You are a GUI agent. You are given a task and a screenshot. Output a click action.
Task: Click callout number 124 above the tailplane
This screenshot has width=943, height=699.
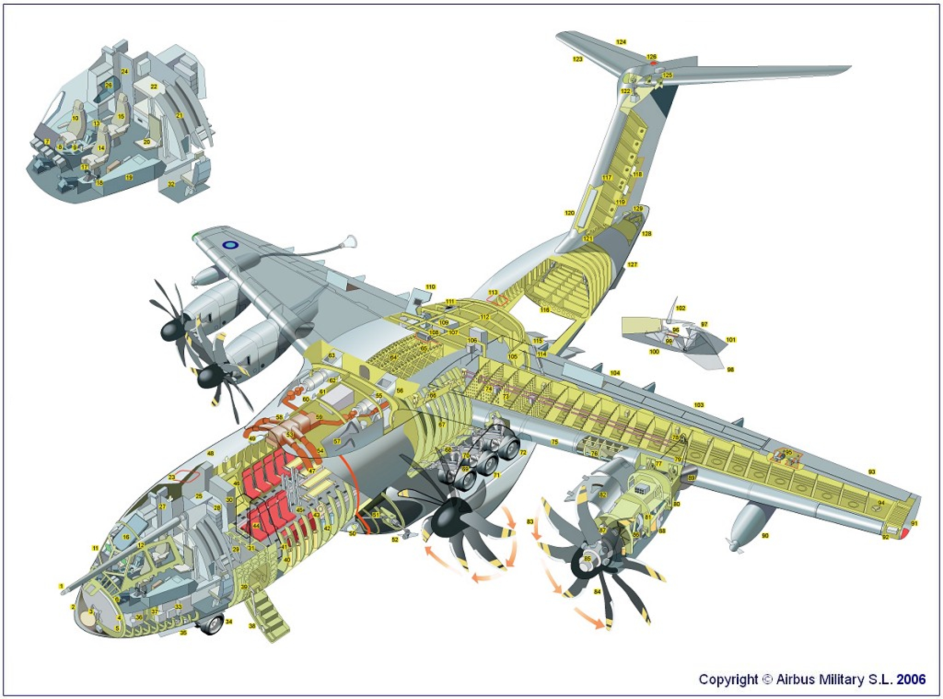621,42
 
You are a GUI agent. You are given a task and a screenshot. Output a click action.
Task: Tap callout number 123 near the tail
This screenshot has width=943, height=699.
577,59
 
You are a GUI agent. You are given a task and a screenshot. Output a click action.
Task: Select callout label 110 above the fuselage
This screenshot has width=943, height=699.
430,287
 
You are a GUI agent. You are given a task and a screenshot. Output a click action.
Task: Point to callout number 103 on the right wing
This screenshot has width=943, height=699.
699,405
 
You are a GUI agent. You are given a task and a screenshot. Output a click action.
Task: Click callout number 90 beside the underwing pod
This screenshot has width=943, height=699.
765,536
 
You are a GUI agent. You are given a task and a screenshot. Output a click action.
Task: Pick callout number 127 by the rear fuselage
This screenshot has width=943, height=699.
632,265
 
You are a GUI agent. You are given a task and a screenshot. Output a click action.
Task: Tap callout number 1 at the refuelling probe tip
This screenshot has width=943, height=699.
61,586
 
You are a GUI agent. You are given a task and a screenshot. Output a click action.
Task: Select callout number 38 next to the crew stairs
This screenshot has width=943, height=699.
252,626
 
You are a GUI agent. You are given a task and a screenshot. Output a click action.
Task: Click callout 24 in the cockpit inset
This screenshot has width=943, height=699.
124,71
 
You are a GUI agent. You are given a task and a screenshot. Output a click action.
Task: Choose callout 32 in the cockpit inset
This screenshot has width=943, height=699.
171,184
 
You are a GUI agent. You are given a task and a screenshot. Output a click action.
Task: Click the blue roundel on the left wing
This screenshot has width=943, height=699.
229,245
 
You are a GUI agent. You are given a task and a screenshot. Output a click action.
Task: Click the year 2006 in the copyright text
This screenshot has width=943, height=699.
911,679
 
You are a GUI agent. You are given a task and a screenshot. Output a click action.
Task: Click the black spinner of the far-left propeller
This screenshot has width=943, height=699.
172,330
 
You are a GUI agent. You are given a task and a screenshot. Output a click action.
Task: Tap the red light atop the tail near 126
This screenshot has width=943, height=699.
652,63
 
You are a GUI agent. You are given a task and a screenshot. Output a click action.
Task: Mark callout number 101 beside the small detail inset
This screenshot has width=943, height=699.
731,340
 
